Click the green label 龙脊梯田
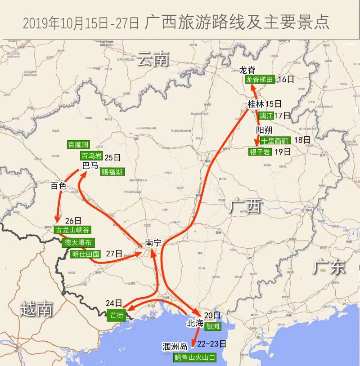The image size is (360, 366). [x=259, y=80]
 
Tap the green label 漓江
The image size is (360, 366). [x=266, y=116]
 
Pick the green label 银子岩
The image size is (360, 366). [x=260, y=152]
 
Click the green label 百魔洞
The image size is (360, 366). [x=78, y=145]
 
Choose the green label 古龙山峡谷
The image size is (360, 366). [x=72, y=230]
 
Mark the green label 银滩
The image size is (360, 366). [x=212, y=326]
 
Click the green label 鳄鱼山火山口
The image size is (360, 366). [x=195, y=357]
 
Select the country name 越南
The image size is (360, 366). [x=36, y=309]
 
